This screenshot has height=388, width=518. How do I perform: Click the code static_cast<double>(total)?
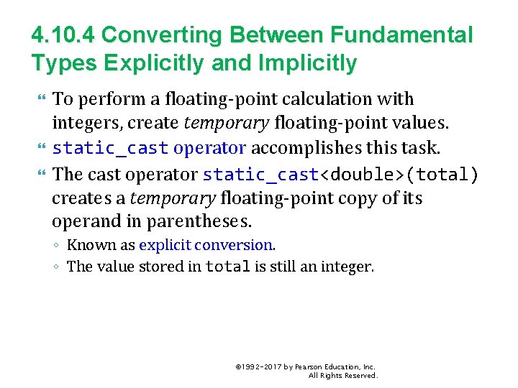point(340,174)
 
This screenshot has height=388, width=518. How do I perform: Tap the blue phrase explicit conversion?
point(206,245)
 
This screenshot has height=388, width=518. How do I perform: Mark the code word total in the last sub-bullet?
point(227,267)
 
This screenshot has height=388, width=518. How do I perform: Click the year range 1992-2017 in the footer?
point(262,366)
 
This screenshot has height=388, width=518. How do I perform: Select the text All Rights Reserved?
point(342,376)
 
